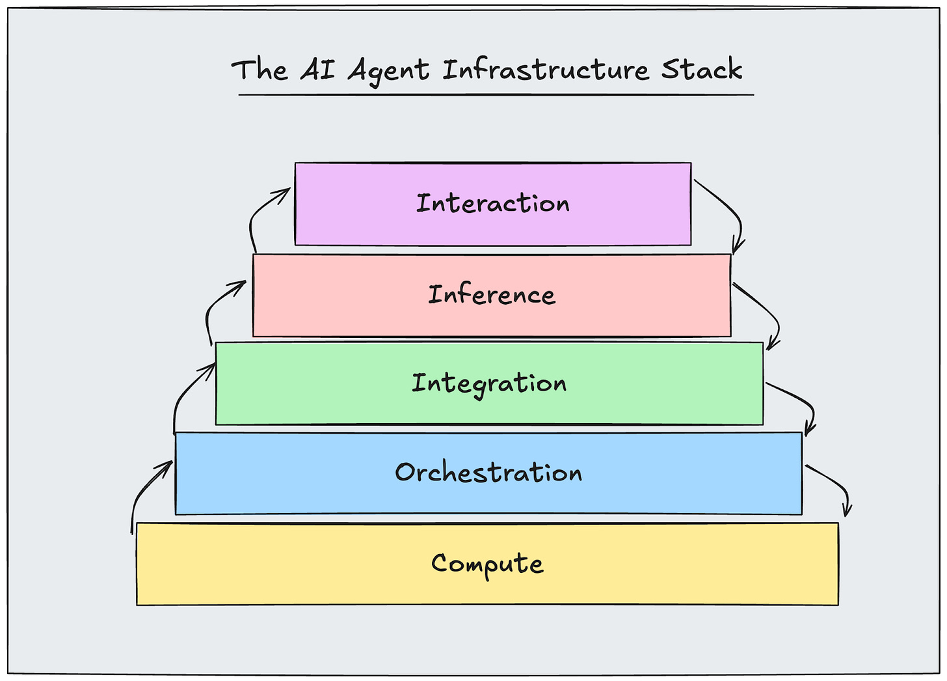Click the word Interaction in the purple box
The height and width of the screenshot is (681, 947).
493,204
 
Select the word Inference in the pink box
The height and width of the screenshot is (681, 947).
492,295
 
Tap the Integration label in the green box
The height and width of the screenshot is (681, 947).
489,383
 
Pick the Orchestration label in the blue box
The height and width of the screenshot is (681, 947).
488,473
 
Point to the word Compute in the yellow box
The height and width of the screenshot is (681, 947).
487,564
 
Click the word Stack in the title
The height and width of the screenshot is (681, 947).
702,69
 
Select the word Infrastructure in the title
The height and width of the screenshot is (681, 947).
546,70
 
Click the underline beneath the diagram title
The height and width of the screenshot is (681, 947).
496,95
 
